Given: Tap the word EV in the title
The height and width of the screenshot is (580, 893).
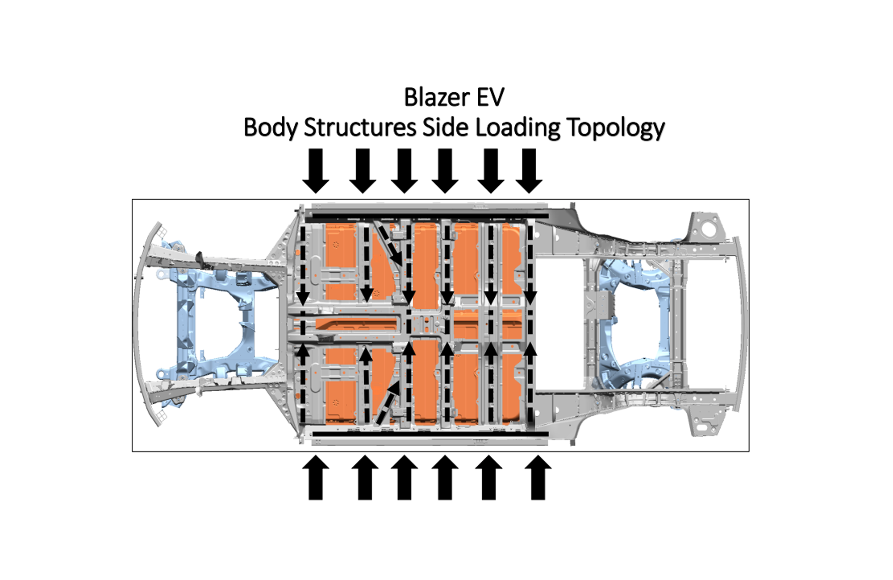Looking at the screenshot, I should click(x=490, y=97).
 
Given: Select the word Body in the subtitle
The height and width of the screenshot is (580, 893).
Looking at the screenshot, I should click(x=270, y=128).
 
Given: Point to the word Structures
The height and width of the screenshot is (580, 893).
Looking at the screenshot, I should click(x=360, y=128).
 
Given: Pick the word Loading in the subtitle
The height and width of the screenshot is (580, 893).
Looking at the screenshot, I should click(x=517, y=128).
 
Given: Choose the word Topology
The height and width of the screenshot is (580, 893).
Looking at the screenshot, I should click(x=616, y=128).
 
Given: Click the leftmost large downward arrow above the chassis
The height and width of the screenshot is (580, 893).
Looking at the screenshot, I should click(x=316, y=171).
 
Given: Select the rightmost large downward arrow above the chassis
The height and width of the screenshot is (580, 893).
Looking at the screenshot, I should click(x=529, y=171).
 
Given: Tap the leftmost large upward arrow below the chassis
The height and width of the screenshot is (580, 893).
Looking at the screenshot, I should click(x=316, y=477).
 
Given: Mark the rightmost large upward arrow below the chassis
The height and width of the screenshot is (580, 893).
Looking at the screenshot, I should click(x=538, y=477).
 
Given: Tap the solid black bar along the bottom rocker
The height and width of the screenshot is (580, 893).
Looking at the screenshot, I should click(x=429, y=434).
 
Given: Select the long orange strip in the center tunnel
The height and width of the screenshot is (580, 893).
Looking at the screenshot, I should click(x=357, y=323).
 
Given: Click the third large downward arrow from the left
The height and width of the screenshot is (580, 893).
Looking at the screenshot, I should click(x=404, y=171).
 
